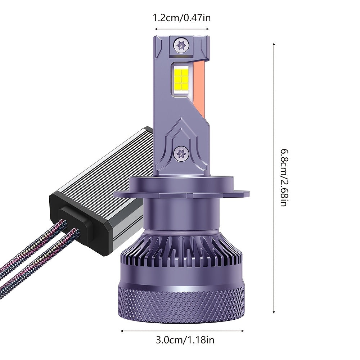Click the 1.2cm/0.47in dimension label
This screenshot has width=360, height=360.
(181, 18)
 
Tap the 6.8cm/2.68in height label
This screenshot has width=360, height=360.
(284, 178)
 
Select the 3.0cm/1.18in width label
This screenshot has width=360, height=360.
(185, 340)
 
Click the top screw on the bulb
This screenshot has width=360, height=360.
(181, 45)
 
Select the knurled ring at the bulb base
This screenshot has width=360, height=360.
(181, 301)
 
